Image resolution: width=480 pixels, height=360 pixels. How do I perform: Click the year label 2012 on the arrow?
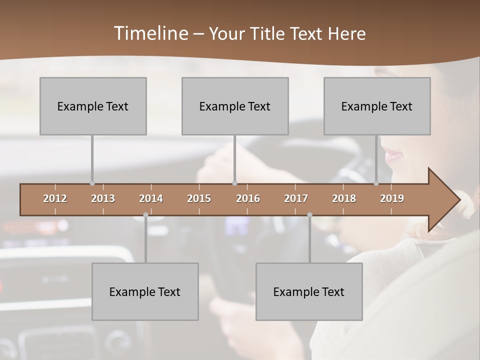(55, 198)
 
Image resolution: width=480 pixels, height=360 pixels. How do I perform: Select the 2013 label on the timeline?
(103, 198)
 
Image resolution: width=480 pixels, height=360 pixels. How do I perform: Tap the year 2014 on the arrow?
(151, 198)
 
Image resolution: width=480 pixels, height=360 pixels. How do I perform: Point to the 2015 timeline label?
(199, 198)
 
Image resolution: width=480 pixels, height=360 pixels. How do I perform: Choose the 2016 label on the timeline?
(248, 198)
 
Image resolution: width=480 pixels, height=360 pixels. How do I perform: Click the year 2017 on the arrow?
(296, 198)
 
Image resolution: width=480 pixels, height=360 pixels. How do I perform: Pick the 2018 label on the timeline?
(344, 198)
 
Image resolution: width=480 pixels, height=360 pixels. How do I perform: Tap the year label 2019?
(392, 198)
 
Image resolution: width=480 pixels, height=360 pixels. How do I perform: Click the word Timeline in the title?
(150, 33)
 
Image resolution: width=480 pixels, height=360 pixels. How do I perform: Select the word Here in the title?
(346, 34)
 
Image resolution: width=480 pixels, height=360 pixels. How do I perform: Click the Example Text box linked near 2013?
(93, 106)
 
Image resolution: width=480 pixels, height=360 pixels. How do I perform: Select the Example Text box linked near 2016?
(235, 106)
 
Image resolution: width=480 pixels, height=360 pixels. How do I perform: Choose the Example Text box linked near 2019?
(377, 106)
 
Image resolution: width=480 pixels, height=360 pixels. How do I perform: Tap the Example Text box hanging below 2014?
(145, 291)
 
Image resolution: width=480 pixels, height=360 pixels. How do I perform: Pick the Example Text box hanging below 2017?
(309, 291)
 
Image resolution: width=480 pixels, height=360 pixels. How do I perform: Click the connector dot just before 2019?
(376, 183)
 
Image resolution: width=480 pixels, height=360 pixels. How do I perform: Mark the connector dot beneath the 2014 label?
(145, 215)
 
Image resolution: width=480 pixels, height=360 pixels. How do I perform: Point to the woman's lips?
(393, 155)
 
